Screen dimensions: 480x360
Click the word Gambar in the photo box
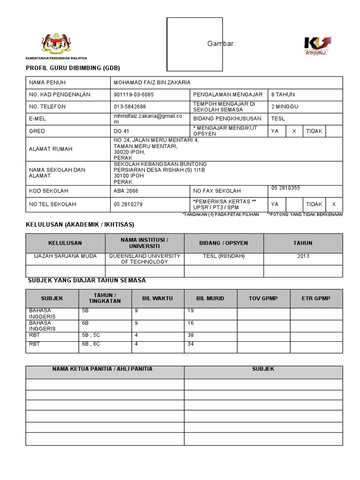(220, 44)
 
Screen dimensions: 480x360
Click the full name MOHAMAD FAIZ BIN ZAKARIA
(152, 82)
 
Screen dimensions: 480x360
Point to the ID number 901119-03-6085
(134, 94)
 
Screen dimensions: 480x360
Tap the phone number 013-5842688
(130, 106)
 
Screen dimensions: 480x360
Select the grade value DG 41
(121, 131)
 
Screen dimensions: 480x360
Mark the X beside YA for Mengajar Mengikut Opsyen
(294, 131)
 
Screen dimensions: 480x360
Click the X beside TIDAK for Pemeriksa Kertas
(334, 204)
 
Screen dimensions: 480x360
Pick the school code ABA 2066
(126, 191)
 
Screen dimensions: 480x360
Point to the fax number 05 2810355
(285, 188)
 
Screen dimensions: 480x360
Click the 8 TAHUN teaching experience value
(283, 94)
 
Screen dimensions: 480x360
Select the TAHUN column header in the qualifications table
(303, 243)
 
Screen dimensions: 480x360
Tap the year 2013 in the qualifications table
(303, 256)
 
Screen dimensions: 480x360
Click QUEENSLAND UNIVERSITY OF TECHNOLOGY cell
(144, 259)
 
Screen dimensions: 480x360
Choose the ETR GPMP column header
(316, 298)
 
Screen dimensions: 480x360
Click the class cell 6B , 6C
(91, 344)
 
